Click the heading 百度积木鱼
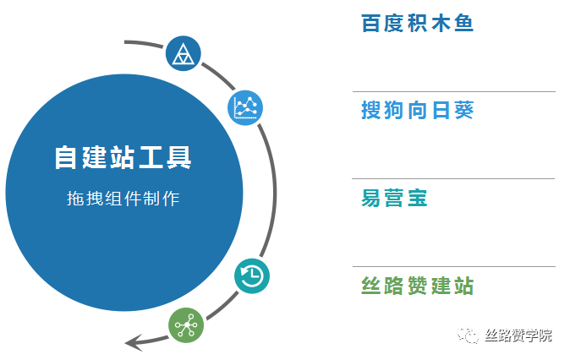417,24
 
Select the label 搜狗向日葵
417,110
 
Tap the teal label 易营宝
394,198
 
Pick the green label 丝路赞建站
417,286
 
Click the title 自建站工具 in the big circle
123,157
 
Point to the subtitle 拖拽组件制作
123,199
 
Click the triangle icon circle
184,53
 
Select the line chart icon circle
245,107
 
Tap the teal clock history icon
252,276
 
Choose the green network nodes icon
186,325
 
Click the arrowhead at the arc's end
134,342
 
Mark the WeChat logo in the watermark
468,335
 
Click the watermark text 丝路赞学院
518,335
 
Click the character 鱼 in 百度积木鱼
463,24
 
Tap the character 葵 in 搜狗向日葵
464,110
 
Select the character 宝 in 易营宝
418,198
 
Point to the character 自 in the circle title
66,157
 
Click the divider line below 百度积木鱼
454,91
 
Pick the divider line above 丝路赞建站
454,267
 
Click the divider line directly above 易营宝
453,178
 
